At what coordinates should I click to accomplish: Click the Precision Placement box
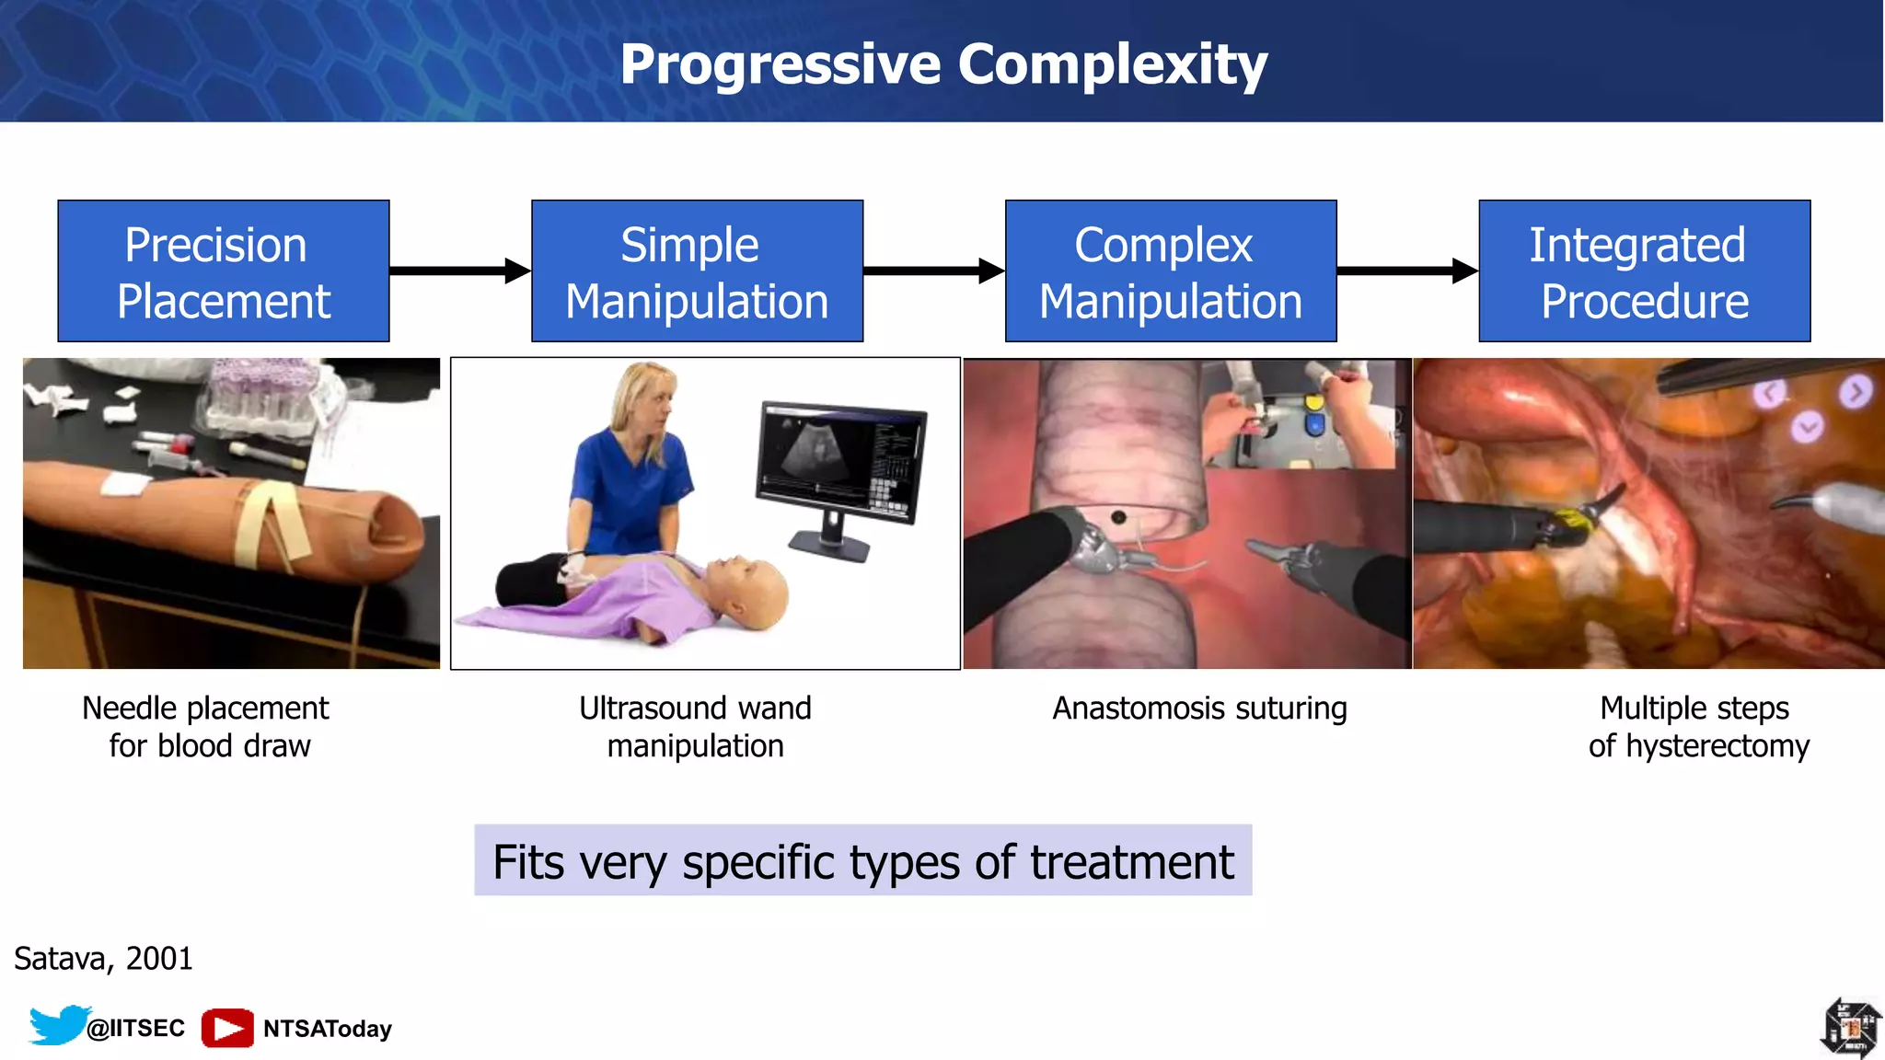click(x=224, y=271)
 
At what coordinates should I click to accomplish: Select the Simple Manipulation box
click(x=697, y=271)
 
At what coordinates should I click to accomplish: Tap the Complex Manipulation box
click(x=1171, y=271)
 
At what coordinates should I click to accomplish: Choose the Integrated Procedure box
click(x=1644, y=271)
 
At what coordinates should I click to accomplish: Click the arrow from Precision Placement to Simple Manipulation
click(x=460, y=271)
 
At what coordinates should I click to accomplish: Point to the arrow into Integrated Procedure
click(x=1407, y=271)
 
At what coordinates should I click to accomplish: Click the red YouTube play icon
click(x=227, y=1028)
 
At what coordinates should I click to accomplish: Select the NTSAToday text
click(x=328, y=1029)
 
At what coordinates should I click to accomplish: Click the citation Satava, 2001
click(x=103, y=959)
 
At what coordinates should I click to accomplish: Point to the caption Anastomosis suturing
click(x=1199, y=709)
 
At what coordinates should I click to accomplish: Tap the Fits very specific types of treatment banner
click(x=862, y=861)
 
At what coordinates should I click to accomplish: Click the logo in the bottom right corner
click(x=1851, y=1028)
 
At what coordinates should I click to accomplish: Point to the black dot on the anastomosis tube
click(x=1118, y=517)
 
